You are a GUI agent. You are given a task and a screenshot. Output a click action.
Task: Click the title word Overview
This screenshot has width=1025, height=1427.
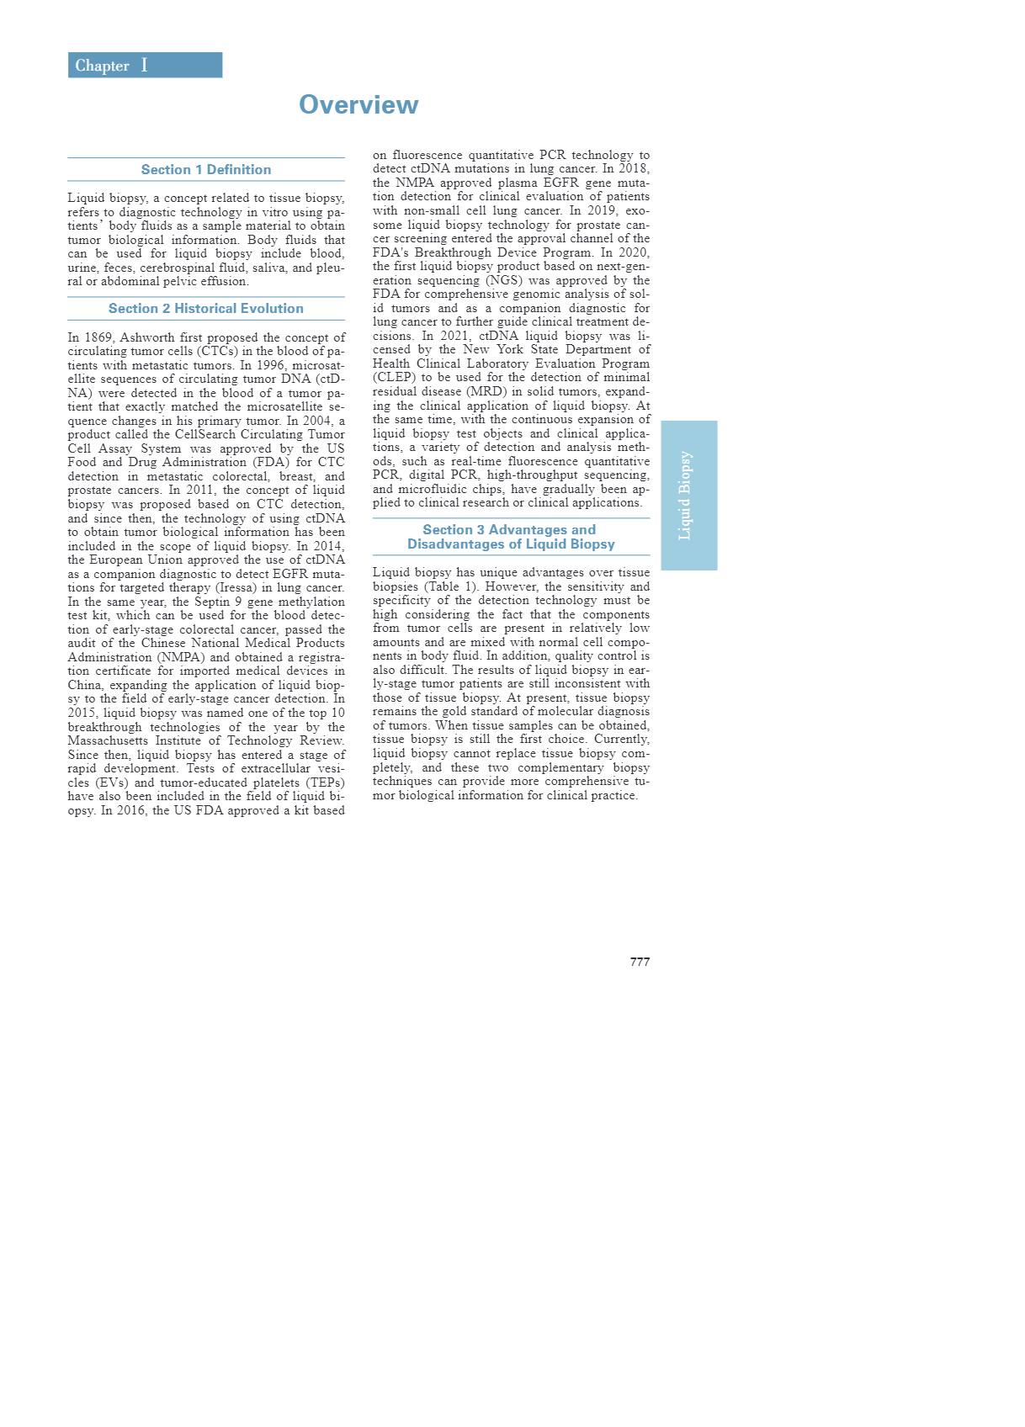coord(358,104)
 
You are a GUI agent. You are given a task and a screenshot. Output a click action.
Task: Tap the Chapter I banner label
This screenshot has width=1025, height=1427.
coord(111,66)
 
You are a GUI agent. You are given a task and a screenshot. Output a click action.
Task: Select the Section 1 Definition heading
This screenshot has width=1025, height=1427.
coord(206,170)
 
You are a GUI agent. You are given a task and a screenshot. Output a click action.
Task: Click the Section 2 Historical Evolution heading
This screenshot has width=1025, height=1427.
coord(206,309)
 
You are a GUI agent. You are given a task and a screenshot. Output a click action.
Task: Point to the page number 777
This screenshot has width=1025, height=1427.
coord(640,962)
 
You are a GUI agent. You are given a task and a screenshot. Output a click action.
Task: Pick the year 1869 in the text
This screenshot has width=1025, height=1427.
coord(98,337)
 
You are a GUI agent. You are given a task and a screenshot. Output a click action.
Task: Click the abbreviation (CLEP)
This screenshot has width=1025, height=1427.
coord(394,378)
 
